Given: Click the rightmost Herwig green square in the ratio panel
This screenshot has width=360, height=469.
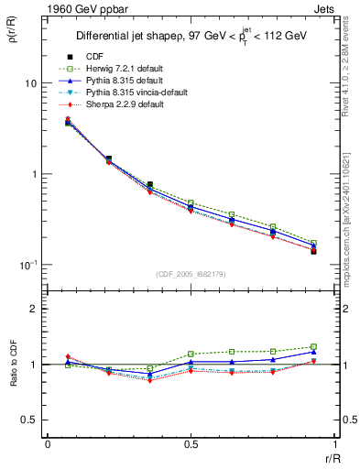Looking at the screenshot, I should (313, 347).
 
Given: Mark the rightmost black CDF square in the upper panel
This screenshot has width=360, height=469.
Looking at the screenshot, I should (313, 251).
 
